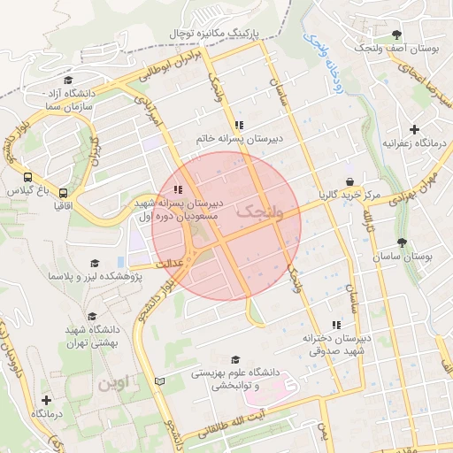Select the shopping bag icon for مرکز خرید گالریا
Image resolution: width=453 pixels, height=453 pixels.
click(x=349, y=181)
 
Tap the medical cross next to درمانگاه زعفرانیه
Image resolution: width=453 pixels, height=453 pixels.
click(x=414, y=129)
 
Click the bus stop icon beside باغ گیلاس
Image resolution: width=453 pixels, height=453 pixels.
click(x=29, y=177)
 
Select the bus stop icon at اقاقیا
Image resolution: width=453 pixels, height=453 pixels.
click(x=63, y=192)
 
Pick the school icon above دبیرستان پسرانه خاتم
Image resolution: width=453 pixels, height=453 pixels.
click(x=239, y=125)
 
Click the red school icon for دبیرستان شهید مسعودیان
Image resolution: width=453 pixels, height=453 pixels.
click(x=178, y=188)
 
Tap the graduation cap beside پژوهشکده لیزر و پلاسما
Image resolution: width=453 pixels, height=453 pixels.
click(x=95, y=263)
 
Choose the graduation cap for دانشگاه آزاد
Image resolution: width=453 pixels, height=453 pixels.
click(x=67, y=81)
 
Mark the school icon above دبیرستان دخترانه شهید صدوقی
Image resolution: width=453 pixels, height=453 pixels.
click(x=334, y=325)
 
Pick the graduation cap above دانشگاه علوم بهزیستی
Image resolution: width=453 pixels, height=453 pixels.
click(x=235, y=359)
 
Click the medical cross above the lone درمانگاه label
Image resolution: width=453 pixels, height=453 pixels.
click(x=46, y=401)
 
